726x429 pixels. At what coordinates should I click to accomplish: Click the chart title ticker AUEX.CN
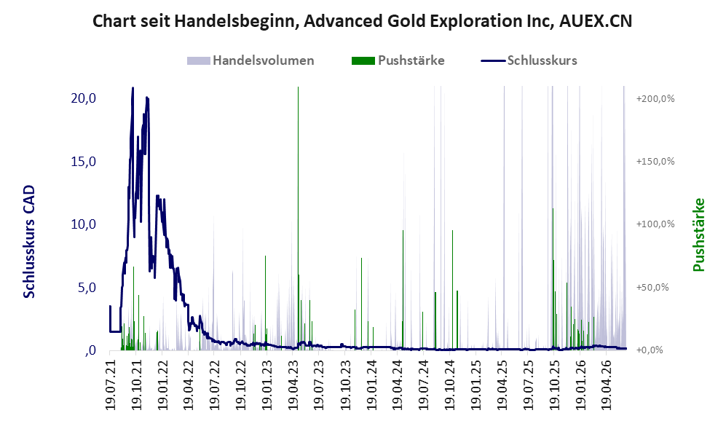[596, 21]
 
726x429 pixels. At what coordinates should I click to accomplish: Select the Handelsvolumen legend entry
[250, 60]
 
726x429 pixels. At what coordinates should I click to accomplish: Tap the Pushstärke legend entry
[398, 60]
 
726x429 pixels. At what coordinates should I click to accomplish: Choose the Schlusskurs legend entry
[529, 60]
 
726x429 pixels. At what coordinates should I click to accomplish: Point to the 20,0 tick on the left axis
[83, 98]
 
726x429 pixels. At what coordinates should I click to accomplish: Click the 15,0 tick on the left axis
[83, 161]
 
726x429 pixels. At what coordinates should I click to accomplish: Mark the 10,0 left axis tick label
[83, 224]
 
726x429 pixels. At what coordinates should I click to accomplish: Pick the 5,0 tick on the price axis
[87, 287]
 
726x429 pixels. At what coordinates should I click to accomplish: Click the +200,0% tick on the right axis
[655, 98]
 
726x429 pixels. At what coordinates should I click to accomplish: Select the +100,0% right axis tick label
[655, 224]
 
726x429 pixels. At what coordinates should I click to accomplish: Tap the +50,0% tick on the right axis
[653, 287]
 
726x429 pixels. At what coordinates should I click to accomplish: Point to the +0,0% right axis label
[650, 350]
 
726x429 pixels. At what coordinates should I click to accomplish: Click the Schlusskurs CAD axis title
[29, 241]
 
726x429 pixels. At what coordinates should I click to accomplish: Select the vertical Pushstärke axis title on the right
[698, 235]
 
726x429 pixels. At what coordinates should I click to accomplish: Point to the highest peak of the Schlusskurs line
[133, 87]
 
